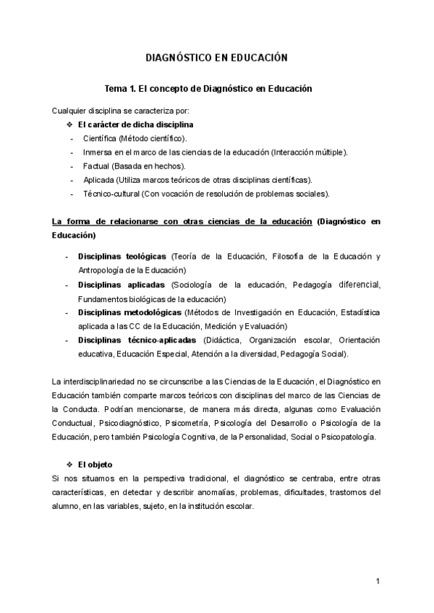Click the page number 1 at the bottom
pos(378,581)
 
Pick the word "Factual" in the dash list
pos(96,166)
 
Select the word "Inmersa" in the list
pos(98,152)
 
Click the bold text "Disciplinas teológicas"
pos(122,257)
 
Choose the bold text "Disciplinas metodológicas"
pos(129,312)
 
